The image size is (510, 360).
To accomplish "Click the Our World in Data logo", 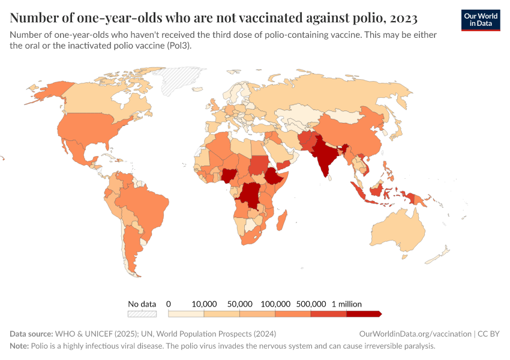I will pos(480,20).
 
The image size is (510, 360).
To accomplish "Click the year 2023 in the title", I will pos(404,17).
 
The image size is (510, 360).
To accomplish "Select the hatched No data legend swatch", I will pos(142,314).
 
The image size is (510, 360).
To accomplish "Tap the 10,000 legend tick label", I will pos(204,304).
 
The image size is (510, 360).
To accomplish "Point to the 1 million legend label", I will pos(346,304).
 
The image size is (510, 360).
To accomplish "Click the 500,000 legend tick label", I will pos(311,304).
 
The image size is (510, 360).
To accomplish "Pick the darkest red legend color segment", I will pos(364,314).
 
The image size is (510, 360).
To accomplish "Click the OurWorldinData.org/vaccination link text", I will pos(414,334).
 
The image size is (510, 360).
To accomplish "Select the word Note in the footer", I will pos(19,346).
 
